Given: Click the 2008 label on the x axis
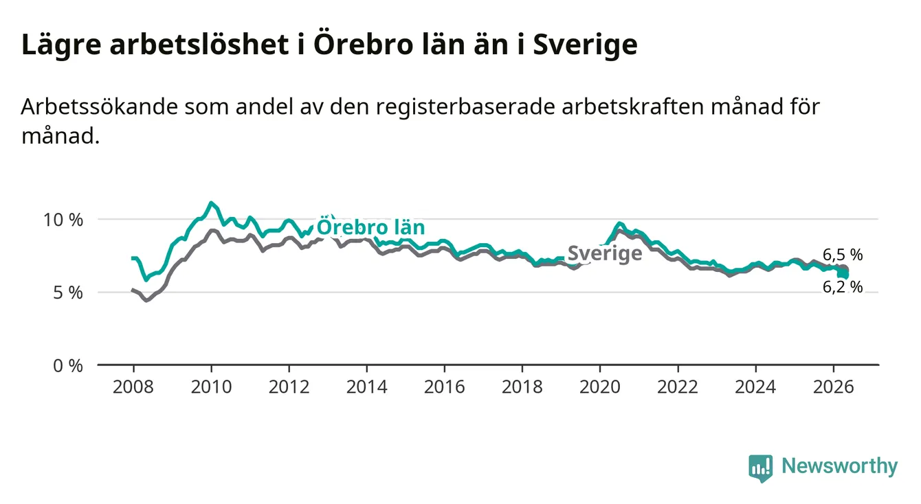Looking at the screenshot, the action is pos(133,387).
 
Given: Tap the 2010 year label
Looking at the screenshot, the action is pos(211,387).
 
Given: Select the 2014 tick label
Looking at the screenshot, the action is pos(366,387).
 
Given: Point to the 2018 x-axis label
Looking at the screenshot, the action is pos(522,387).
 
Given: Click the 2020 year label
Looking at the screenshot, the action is pos(600,387).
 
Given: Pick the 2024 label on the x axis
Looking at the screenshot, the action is pos(755,387).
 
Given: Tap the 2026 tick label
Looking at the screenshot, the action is pos(834,387).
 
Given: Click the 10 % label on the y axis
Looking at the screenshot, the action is pos(63,220).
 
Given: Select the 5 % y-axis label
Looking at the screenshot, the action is pos(68,293).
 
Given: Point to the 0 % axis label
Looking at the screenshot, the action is pos(68,365).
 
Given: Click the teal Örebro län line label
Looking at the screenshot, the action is pos(370,227).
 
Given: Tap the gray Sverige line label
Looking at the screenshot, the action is pos(604,253).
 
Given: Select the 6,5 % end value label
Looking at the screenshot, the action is pos(843,255).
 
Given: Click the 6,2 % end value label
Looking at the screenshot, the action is pos(843,287).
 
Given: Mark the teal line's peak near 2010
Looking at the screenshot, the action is pos(211,203).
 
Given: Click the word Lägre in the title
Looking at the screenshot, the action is pos(61,45).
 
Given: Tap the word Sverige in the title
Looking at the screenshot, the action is pos(585,45).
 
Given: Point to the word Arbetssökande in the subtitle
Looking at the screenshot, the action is pos(100,106).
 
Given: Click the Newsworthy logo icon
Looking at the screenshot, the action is pos(760,468).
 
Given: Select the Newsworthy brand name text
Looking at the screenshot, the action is pos(840,466).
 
